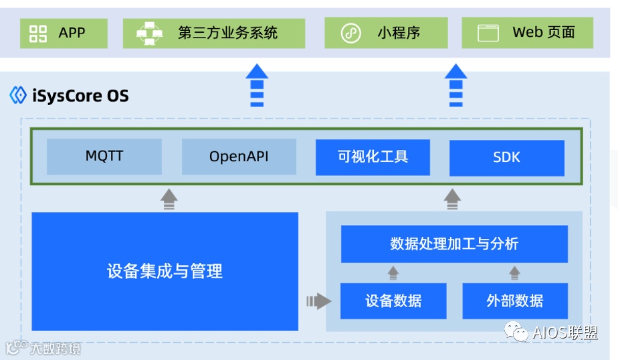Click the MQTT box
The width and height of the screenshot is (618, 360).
[104, 157]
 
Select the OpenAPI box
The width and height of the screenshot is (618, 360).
[239, 157]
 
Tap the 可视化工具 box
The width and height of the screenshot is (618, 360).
[373, 157]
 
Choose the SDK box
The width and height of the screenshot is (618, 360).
[506, 158]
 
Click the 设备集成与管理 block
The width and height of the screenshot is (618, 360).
[165, 271]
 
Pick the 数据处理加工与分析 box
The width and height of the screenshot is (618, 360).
[454, 244]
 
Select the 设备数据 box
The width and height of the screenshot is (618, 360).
[393, 300]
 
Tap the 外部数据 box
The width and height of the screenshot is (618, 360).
[515, 300]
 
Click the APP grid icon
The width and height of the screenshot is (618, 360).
[39, 33]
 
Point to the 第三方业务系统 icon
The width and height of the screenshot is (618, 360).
[150, 33]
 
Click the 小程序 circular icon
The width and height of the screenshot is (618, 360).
[351, 33]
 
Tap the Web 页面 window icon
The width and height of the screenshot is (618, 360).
[489, 33]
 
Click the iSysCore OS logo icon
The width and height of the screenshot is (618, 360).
[18, 96]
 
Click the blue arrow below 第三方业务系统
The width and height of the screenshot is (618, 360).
[257, 85]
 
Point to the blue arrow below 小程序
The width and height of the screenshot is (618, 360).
[455, 85]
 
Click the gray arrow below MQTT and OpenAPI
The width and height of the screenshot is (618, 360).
[169, 199]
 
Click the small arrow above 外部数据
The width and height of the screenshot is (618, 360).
[514, 273]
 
